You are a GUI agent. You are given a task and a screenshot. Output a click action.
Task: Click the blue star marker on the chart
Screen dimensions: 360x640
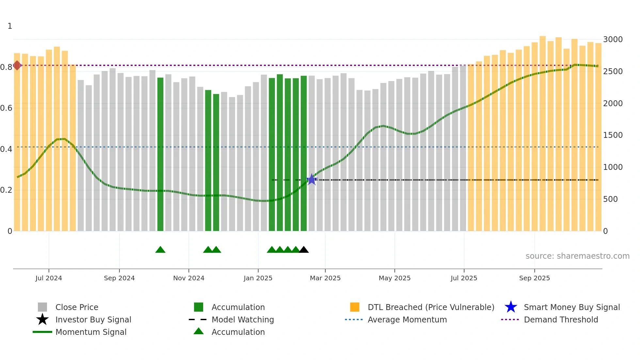pyautogui.click(x=312, y=179)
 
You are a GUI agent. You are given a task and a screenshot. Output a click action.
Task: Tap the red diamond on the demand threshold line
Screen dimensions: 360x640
pyautogui.click(x=17, y=65)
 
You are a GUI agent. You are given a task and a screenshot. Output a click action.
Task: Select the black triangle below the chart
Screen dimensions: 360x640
pyautogui.click(x=304, y=250)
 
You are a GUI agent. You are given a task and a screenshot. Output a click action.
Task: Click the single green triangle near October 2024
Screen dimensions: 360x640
pyautogui.click(x=160, y=250)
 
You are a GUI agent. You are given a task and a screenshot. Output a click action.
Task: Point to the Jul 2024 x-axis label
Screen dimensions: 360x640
pyautogui.click(x=49, y=278)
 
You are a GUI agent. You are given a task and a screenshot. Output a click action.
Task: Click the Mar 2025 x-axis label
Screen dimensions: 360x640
pyautogui.click(x=325, y=278)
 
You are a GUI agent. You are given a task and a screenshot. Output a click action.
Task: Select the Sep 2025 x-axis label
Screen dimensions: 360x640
pyautogui.click(x=534, y=278)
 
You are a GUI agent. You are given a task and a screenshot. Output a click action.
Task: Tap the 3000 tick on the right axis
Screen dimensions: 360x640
pyautogui.click(x=613, y=40)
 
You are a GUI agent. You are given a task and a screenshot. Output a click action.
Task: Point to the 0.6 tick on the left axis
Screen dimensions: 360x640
pyautogui.click(x=6, y=108)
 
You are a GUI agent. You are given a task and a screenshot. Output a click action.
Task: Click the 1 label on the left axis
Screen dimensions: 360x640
pyautogui.click(x=10, y=26)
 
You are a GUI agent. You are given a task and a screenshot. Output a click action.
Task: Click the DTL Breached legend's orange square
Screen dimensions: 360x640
pyautogui.click(x=355, y=307)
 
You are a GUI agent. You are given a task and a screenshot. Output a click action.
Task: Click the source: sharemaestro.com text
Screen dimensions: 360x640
pyautogui.click(x=577, y=256)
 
